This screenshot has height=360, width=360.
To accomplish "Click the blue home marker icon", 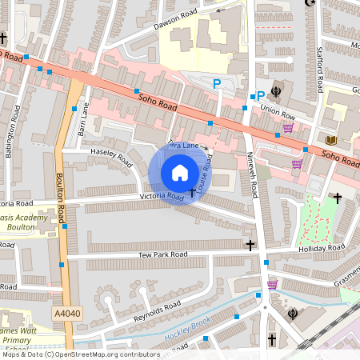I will (180, 173).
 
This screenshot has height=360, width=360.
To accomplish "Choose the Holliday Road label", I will (318, 250).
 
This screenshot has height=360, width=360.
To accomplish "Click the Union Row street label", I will (277, 114).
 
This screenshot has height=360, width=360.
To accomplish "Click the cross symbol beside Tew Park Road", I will (250, 245).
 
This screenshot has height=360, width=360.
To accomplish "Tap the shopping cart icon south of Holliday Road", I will (272, 284).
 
